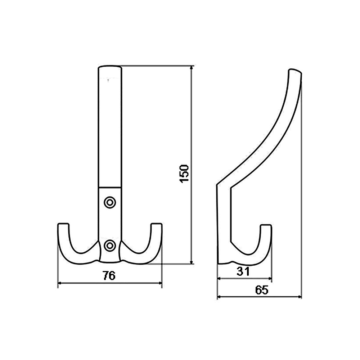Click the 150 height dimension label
[184, 174]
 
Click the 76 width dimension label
[109, 276]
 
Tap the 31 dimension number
[243, 271]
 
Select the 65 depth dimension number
[262, 290]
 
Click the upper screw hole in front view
[110, 202]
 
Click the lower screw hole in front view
[110, 246]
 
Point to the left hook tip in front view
[63, 224]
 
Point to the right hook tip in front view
[157, 224]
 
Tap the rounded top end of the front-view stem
[110, 67]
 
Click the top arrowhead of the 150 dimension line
[192, 67]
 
